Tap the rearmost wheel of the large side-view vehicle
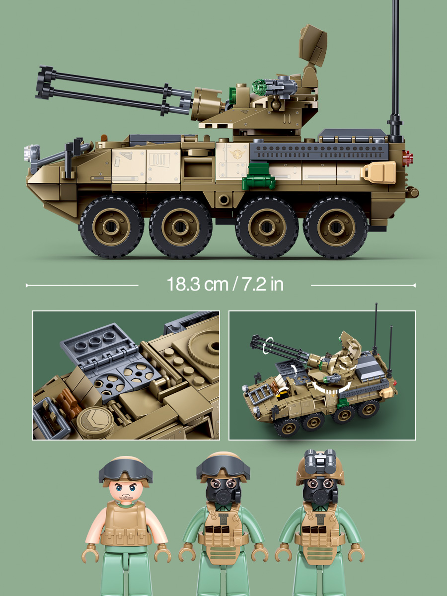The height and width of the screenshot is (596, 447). point(336,227)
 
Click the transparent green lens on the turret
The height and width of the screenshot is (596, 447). point(259,87)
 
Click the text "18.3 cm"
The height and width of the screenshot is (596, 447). point(197,284)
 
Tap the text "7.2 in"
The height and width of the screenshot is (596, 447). point(263,284)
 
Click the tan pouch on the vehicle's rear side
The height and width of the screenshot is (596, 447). point(378,172)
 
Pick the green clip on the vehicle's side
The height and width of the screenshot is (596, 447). point(259,177)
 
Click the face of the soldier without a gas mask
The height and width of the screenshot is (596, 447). point(125,490)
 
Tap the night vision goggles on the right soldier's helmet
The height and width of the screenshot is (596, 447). point(320,460)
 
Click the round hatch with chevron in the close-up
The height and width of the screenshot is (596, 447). point(95,420)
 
